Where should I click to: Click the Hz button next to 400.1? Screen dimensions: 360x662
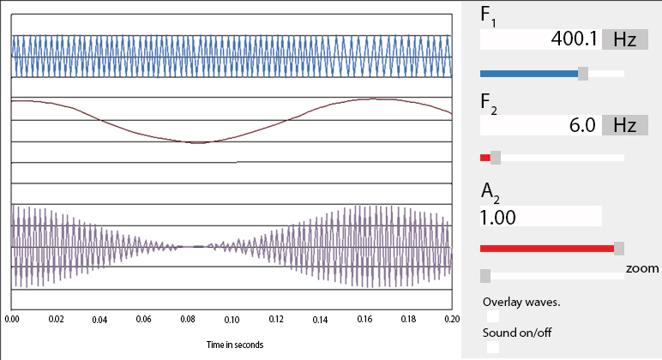pos(624,39)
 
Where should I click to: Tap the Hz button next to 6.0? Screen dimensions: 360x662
pos(624,125)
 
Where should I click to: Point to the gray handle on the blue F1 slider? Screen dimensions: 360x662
pos(583,74)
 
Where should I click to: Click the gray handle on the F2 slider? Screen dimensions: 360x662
pos(496,158)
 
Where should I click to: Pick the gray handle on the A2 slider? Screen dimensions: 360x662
pos(619,248)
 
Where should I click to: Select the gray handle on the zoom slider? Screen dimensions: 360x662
pos(485,275)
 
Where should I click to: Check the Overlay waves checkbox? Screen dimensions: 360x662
pos(493,316)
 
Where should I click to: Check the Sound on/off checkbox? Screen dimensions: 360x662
pos(493,347)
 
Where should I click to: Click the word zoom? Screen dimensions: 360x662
pos(642,268)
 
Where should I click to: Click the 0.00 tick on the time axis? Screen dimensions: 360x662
pos(12,319)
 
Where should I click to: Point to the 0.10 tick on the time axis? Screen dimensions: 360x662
pos(232,319)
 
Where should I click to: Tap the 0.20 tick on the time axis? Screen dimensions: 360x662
pos(451,319)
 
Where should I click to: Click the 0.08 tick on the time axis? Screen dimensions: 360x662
pos(188,319)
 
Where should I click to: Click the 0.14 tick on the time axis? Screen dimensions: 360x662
pos(320,319)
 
